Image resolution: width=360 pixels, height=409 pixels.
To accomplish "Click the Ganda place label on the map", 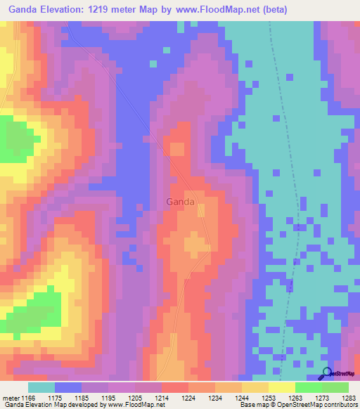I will point(181,202).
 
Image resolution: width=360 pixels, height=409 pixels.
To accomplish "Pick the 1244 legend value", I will point(242,398).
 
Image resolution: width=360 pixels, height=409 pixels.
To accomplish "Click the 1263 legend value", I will point(296,398).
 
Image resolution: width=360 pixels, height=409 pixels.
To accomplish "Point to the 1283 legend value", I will point(349,398).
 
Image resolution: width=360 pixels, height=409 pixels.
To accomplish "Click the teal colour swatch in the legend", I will point(41,387).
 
